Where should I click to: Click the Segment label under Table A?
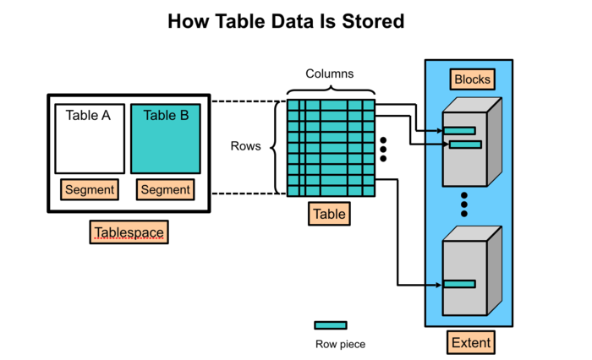pyautogui.click(x=89, y=189)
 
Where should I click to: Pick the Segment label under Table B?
pyautogui.click(x=166, y=189)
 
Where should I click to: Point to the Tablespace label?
pyautogui.click(x=129, y=232)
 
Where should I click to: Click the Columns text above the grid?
pyautogui.click(x=330, y=74)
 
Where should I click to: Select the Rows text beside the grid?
pyautogui.click(x=246, y=146)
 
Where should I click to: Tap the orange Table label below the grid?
pyautogui.click(x=329, y=214)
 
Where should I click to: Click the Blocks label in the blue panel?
pyautogui.click(x=472, y=79)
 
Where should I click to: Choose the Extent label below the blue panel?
pyautogui.click(x=471, y=342)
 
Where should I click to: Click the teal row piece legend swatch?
pyautogui.click(x=330, y=325)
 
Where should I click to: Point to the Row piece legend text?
pyautogui.click(x=340, y=344)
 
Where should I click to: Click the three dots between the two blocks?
pyautogui.click(x=464, y=204)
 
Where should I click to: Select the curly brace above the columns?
pyautogui.click(x=330, y=90)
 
